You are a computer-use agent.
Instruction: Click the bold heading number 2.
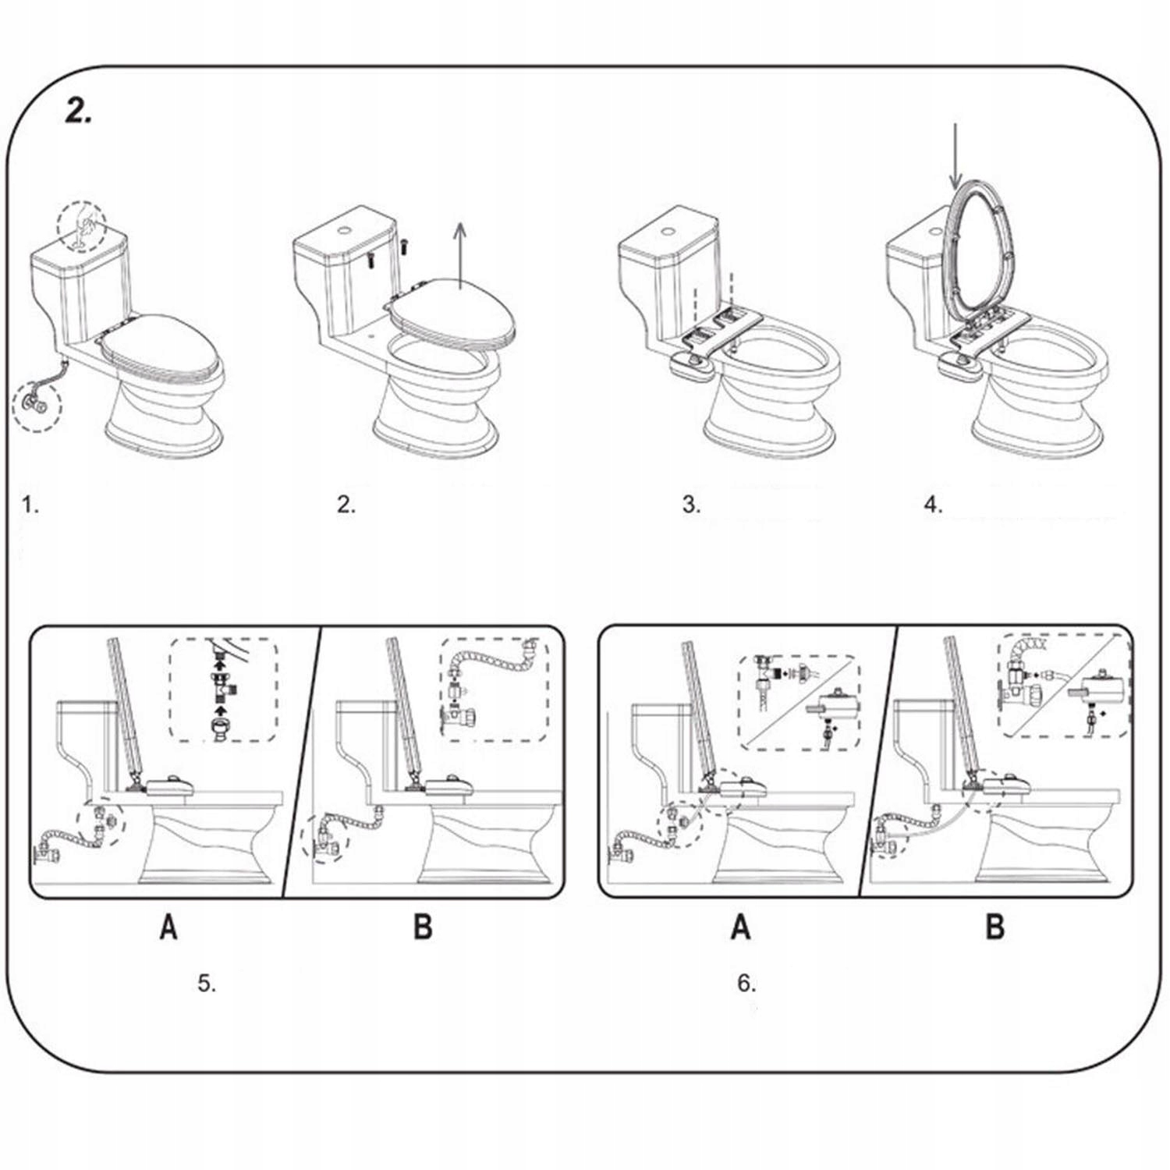77,112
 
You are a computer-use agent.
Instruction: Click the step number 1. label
30,505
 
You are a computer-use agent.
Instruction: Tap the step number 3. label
691,505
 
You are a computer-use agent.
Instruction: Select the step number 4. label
933,505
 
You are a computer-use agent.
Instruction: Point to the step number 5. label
206,984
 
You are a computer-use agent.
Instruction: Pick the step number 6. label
746,984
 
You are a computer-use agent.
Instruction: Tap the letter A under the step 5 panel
168,927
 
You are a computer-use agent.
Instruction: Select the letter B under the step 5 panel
423,927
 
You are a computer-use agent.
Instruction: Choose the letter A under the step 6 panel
740,927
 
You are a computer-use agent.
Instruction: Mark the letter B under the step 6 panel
995,927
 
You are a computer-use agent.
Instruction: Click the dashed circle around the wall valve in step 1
37,404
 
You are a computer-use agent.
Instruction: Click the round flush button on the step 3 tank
668,231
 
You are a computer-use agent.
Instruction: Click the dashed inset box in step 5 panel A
224,690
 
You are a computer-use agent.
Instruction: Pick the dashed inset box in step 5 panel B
493,690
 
